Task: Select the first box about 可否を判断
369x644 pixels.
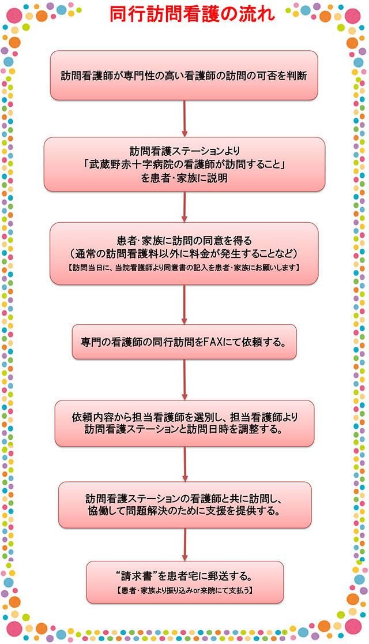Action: pyautogui.click(x=184, y=76)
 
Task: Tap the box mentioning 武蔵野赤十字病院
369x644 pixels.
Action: pyautogui.click(x=184, y=164)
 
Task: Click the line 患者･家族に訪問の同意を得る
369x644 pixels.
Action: pyautogui.click(x=184, y=239)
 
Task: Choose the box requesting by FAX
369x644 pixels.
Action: pyautogui.click(x=184, y=342)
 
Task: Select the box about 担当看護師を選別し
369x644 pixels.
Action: pyautogui.click(x=184, y=424)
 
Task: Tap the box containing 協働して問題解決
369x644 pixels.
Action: pyautogui.click(x=184, y=505)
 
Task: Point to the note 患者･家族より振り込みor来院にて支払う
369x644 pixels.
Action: pyautogui.click(x=184, y=590)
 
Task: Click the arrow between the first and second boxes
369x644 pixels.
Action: pyautogui.click(x=184, y=119)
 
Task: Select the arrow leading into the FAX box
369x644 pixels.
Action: pyautogui.click(x=184, y=304)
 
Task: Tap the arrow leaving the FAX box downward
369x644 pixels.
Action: pyautogui.click(x=184, y=380)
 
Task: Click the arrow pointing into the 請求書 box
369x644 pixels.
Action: pyautogui.click(x=185, y=545)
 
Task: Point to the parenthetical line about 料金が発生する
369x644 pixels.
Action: pyautogui.click(x=184, y=252)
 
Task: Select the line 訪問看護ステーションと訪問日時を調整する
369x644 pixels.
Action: pyautogui.click(x=184, y=430)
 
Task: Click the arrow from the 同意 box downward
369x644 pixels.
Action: pyautogui.click(x=184, y=304)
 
